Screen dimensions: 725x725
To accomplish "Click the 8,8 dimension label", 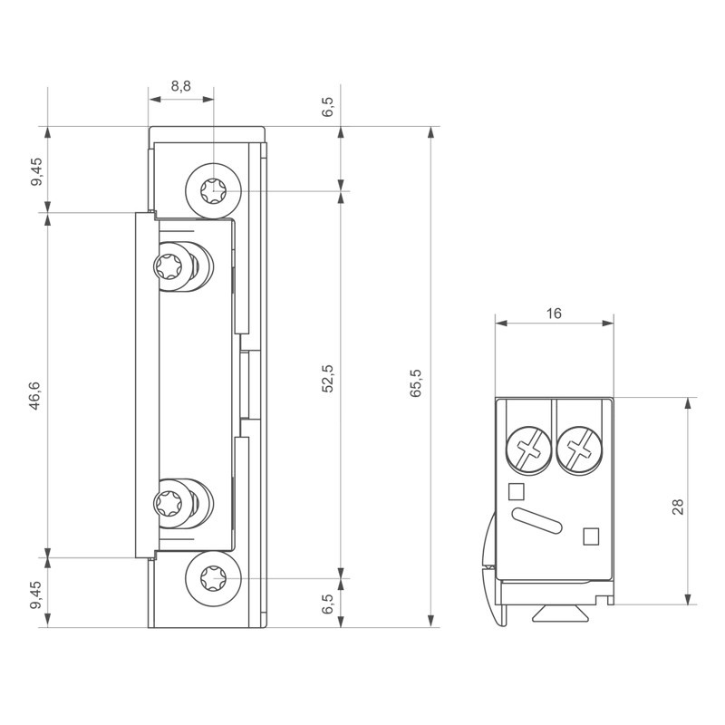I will click(180, 86).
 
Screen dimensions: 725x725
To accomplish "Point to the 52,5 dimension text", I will click(328, 378).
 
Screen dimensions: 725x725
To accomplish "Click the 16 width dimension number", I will click(555, 313).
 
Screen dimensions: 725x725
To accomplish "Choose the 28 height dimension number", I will click(678, 506).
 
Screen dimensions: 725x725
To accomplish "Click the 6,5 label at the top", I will click(328, 106).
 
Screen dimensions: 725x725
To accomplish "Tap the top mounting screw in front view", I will click(213, 191).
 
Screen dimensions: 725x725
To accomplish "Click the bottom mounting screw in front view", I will click(213, 577).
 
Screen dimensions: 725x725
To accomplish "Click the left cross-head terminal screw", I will click(528, 448).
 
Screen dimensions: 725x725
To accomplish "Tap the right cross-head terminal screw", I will click(580, 448).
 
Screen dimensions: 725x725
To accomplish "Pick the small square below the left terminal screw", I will click(517, 492).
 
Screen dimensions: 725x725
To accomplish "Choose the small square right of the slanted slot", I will click(590, 536).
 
